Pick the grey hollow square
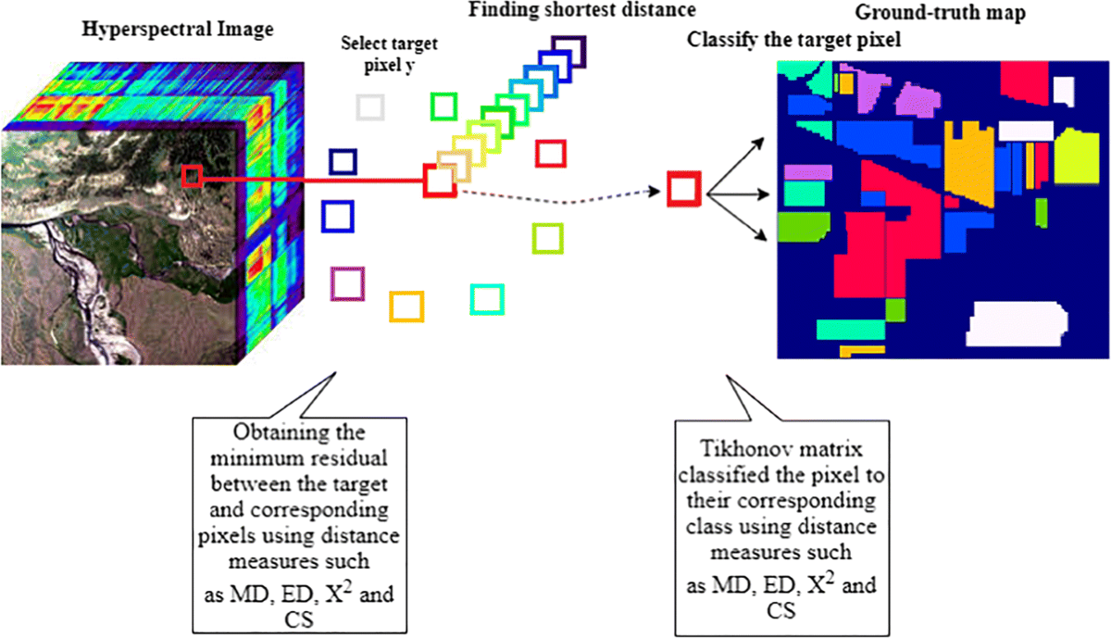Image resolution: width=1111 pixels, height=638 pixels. pyautogui.click(x=369, y=106)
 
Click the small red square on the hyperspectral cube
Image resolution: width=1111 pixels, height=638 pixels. pyautogui.click(x=192, y=177)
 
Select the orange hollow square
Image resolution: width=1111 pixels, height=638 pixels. pyautogui.click(x=406, y=306)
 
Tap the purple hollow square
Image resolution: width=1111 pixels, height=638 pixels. pyautogui.click(x=345, y=283)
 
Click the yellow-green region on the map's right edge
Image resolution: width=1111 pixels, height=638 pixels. pyautogui.click(x=1074, y=159)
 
